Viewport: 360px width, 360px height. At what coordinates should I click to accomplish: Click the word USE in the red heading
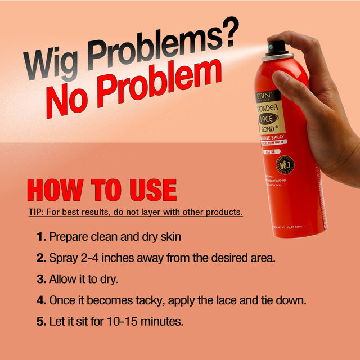click(x=151, y=190)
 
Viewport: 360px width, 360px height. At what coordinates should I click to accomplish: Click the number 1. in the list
click(x=42, y=237)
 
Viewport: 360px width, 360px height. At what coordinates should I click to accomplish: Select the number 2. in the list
click(x=42, y=258)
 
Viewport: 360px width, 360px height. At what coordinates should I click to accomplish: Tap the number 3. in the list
click(x=42, y=280)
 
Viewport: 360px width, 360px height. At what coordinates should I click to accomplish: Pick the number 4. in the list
click(x=42, y=300)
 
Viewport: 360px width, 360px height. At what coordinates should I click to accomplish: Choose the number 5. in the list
click(x=42, y=322)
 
